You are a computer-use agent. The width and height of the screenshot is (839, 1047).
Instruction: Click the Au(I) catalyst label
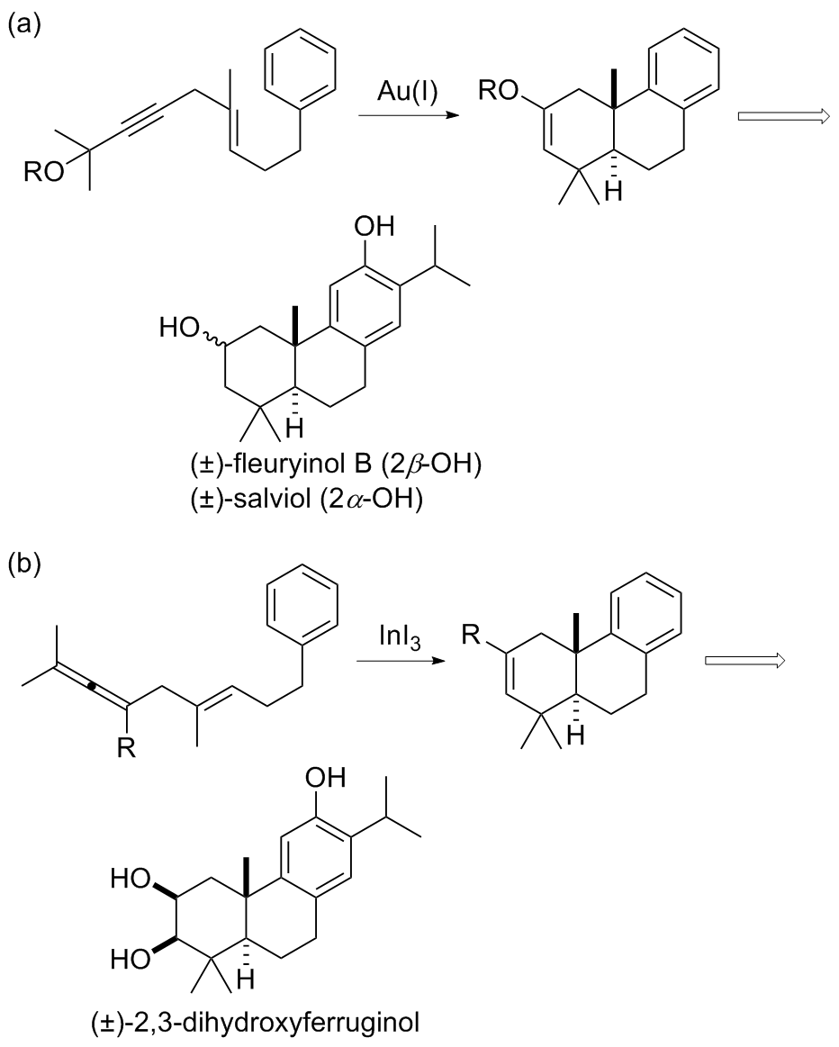[x=407, y=92]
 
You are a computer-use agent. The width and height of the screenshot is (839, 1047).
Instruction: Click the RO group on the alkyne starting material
[x=44, y=172]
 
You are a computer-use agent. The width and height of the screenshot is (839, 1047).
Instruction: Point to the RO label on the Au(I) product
[x=499, y=92]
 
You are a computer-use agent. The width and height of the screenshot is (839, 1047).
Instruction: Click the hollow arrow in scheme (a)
[x=783, y=117]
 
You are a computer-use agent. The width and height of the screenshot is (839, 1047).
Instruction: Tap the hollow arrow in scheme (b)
[x=747, y=661]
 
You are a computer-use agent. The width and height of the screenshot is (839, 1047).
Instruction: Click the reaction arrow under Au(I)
[x=409, y=115]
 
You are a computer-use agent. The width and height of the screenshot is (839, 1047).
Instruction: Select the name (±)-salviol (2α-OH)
[x=306, y=499]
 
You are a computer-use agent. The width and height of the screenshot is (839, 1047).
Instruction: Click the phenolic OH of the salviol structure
[x=374, y=227]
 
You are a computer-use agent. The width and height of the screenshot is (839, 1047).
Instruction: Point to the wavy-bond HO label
[x=179, y=328]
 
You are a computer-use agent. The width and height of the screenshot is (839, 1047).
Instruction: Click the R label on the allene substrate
[x=126, y=748]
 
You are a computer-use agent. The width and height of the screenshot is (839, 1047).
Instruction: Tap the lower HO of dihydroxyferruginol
[x=131, y=961]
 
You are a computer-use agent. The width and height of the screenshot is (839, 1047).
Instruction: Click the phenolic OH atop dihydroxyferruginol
[x=326, y=778]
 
